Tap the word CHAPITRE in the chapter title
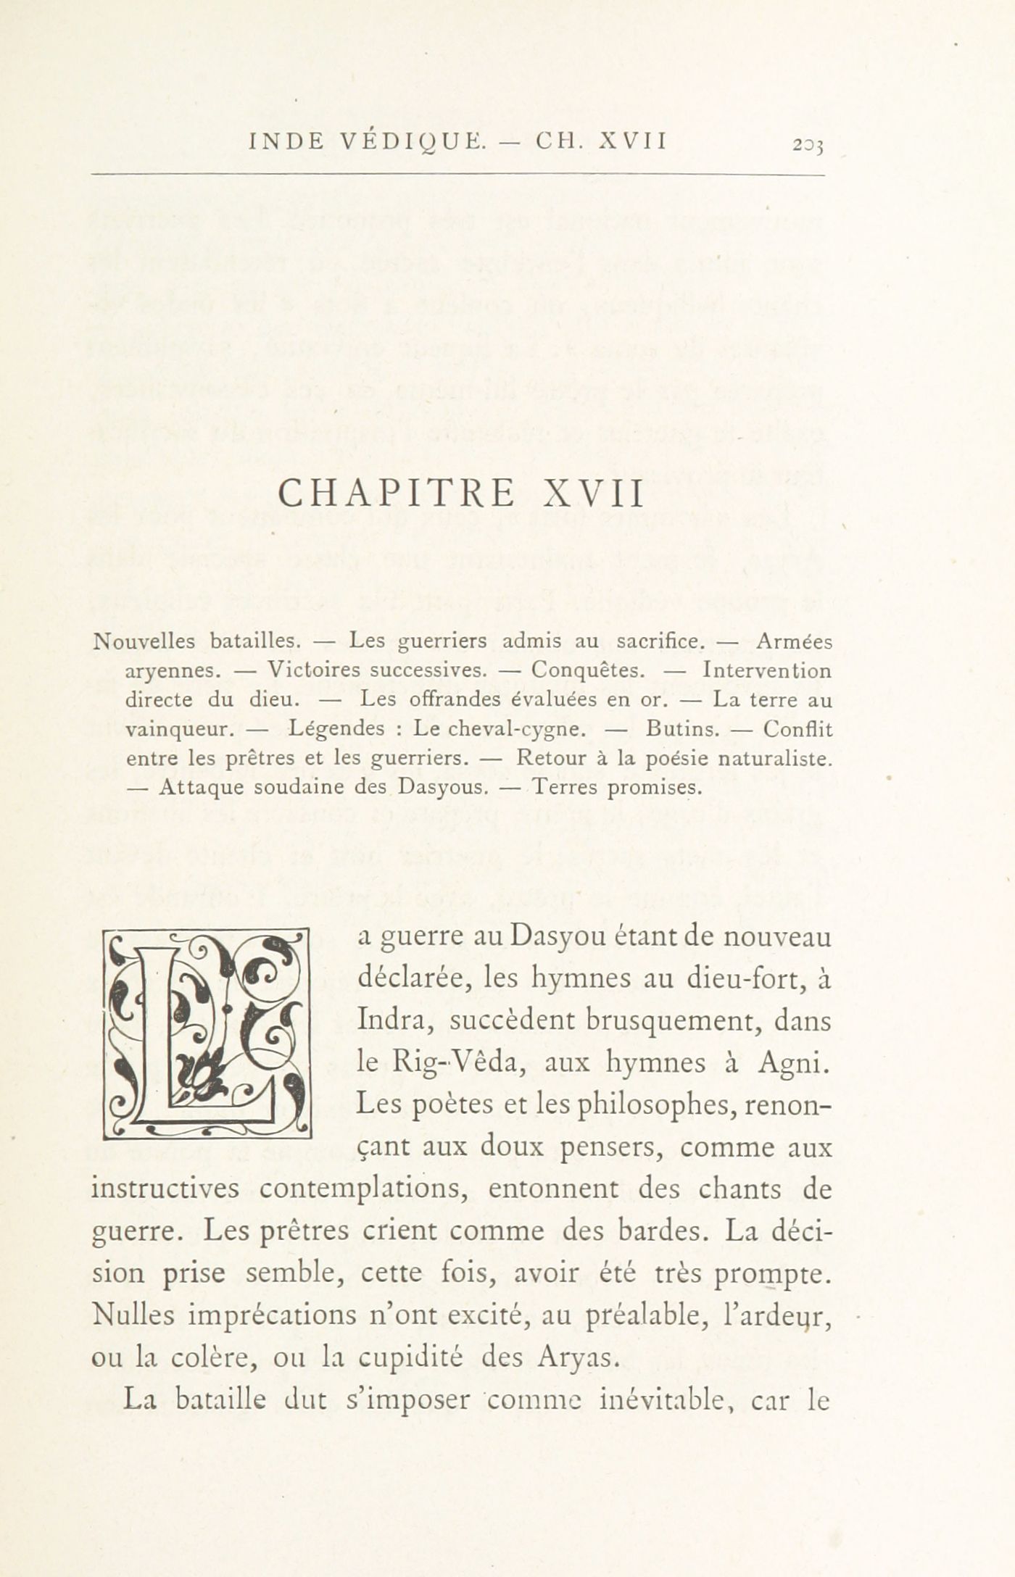397,494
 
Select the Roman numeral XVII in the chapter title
593,494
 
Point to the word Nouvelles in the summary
145,641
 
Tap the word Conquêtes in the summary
588,670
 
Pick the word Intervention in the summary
768,670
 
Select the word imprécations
273,1315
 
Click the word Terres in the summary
566,787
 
